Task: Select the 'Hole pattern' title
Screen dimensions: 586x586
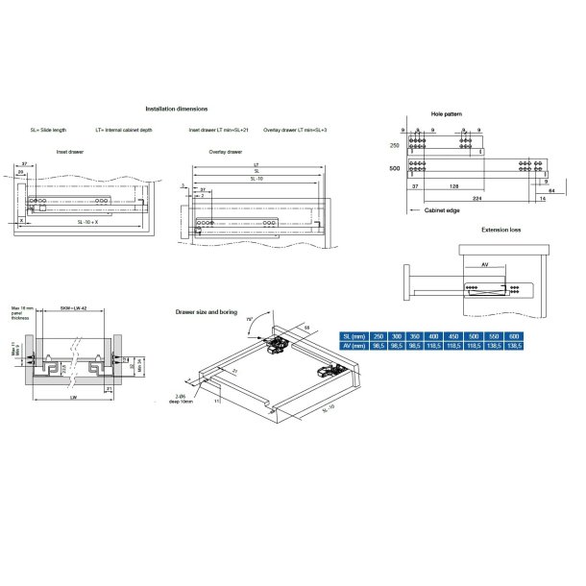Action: click(447, 112)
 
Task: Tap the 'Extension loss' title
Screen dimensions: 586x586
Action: click(502, 231)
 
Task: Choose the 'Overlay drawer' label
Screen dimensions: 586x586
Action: click(225, 152)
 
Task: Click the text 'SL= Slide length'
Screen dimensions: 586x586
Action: click(47, 129)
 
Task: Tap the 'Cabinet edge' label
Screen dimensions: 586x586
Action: click(444, 209)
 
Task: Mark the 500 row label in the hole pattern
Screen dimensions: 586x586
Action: click(394, 167)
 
